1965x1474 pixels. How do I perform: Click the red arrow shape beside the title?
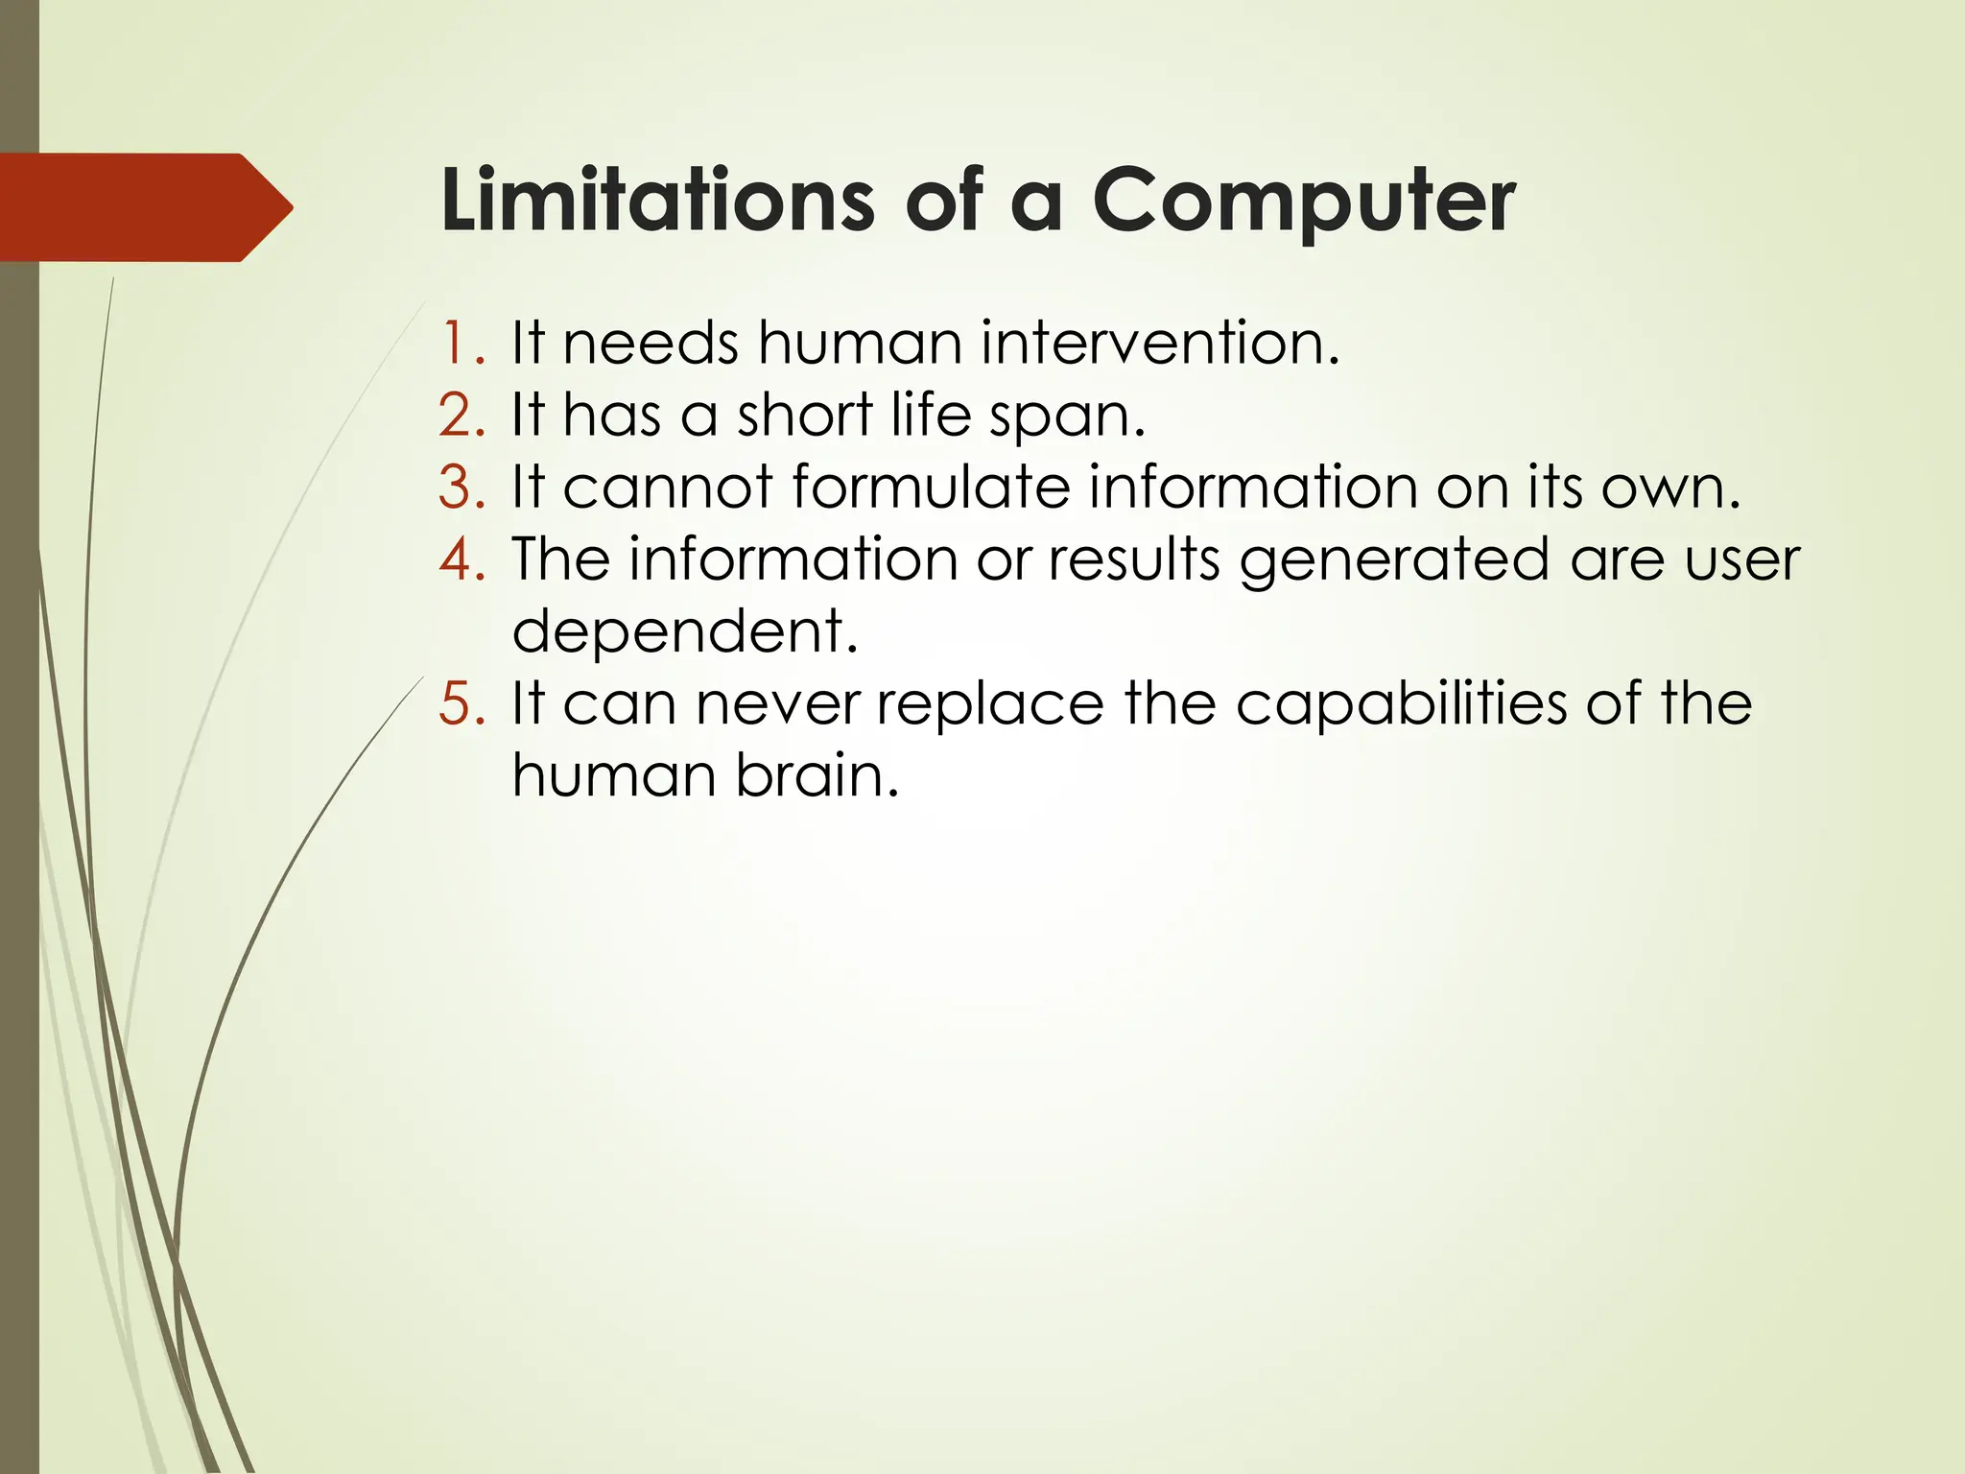tap(144, 207)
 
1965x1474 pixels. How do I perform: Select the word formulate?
tap(930, 487)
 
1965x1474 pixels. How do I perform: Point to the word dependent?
tap(683, 631)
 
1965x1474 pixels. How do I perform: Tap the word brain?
tap(817, 775)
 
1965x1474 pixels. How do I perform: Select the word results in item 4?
tap(1133, 559)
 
